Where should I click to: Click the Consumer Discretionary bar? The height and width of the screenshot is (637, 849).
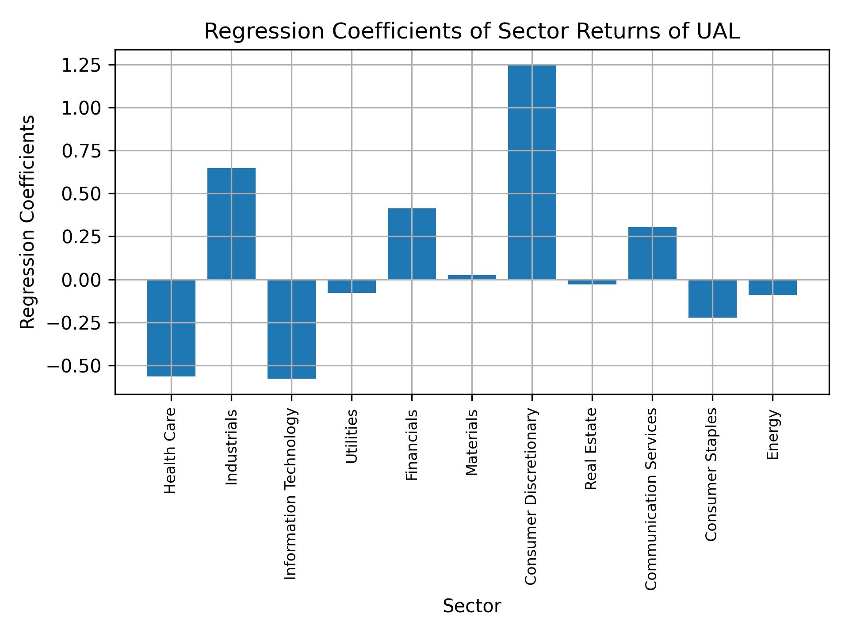pyautogui.click(x=532, y=172)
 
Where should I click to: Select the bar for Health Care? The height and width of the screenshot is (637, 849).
pyautogui.click(x=171, y=328)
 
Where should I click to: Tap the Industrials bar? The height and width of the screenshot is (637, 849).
pyautogui.click(x=231, y=223)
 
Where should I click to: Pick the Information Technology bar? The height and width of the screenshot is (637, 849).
pyautogui.click(x=291, y=329)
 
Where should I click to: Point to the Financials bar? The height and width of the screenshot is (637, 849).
pyautogui.click(x=412, y=244)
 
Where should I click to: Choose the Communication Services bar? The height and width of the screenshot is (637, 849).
pyautogui.click(x=652, y=253)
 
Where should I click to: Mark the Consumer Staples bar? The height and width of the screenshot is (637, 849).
pyautogui.click(x=712, y=299)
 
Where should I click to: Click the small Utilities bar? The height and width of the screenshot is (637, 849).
pyautogui.click(x=352, y=286)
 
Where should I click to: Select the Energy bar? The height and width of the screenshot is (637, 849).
pyautogui.click(x=773, y=287)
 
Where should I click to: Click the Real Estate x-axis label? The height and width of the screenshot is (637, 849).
pyautogui.click(x=591, y=449)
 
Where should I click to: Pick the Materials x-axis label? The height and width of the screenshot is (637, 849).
pyautogui.click(x=472, y=442)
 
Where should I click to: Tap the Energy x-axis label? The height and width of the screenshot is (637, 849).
pyautogui.click(x=772, y=435)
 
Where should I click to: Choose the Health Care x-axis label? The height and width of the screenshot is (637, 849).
pyautogui.click(x=170, y=451)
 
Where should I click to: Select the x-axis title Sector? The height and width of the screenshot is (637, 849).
pyautogui.click(x=472, y=606)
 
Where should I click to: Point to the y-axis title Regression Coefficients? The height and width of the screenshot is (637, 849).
pyautogui.click(x=28, y=222)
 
